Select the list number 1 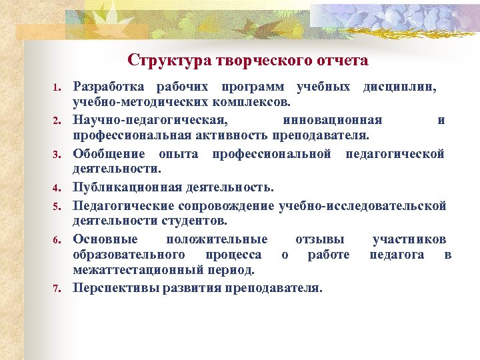[x=58, y=88]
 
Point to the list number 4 [x=58, y=187]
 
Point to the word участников [x=409, y=239]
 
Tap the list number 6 [x=58, y=239]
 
